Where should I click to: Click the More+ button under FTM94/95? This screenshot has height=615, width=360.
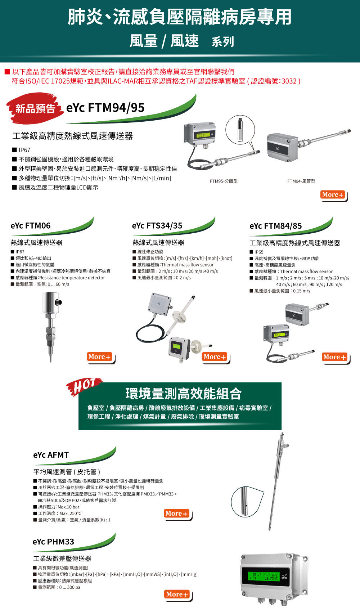click(x=333, y=195)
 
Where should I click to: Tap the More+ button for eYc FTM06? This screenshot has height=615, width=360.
click(x=99, y=357)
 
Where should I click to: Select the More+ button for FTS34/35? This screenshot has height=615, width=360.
click(x=215, y=357)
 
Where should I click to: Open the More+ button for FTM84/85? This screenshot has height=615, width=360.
click(x=334, y=357)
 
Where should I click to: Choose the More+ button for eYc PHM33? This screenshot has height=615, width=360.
click(x=177, y=594)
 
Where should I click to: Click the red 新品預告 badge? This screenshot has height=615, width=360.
click(x=35, y=108)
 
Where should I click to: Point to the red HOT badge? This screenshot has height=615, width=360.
click(x=84, y=386)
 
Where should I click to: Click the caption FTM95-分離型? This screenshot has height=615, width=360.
click(x=224, y=181)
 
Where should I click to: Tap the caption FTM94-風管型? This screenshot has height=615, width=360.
click(x=301, y=181)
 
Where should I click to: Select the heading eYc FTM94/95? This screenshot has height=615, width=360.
click(x=105, y=108)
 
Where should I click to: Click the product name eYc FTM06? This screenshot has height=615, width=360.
click(x=31, y=226)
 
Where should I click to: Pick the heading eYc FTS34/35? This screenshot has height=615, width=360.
click(x=157, y=226)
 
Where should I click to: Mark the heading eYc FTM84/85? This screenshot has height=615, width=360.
click(x=275, y=226)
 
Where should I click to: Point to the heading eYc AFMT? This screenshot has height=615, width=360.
click(x=51, y=455)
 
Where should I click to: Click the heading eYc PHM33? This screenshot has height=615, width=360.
click(x=53, y=542)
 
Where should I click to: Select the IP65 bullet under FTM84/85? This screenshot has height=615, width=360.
click(x=258, y=252)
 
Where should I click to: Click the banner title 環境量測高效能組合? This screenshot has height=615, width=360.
click(x=183, y=394)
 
